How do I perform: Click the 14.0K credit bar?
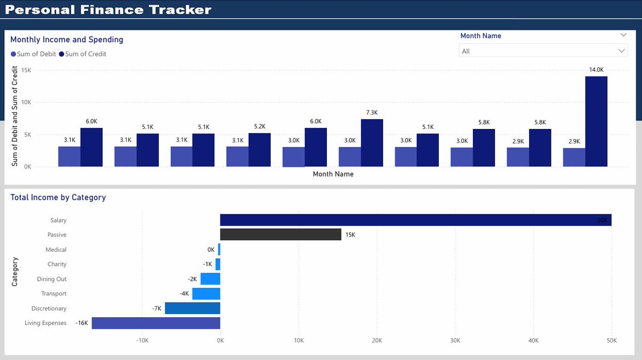click(x=596, y=121)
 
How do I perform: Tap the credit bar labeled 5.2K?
click(x=259, y=150)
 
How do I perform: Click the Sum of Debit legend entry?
click(x=33, y=54)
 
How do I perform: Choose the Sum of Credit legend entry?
click(x=83, y=54)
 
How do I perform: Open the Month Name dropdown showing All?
click(x=543, y=51)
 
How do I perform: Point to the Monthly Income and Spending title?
click(x=67, y=40)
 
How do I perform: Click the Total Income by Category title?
click(x=58, y=197)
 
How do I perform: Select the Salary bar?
click(x=415, y=220)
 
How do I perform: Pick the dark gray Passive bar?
click(x=280, y=234)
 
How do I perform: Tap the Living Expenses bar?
click(x=156, y=323)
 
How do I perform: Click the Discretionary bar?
click(x=192, y=308)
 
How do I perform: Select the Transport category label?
click(x=54, y=294)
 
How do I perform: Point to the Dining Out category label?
click(x=52, y=279)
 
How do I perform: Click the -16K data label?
click(x=82, y=323)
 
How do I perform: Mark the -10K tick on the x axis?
click(x=142, y=340)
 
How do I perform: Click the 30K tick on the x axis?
click(x=455, y=340)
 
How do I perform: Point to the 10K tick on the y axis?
click(x=26, y=102)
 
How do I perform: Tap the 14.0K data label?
click(x=596, y=70)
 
